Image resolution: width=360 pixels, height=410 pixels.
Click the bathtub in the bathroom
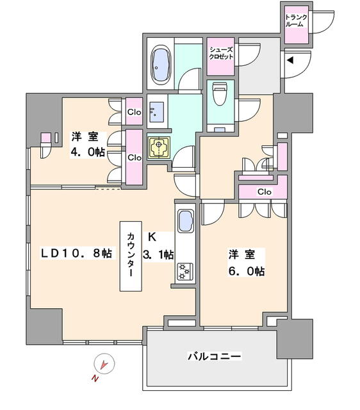pyautogui.click(x=161, y=65)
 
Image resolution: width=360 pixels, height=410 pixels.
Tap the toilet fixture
pyautogui.click(x=220, y=94)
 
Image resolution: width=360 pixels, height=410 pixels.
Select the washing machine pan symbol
pyautogui.click(x=159, y=148)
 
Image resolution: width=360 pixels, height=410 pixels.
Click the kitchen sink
pyautogui.click(x=186, y=220)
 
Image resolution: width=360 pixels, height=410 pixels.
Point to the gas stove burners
pyautogui.click(x=185, y=271)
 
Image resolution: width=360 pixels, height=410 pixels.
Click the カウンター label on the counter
pyautogui.click(x=131, y=255)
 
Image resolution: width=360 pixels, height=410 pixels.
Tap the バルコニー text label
pyautogui.click(x=215, y=356)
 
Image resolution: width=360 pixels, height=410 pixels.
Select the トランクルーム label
pyautogui.click(x=296, y=21)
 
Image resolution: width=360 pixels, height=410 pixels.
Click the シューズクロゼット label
pyautogui.click(x=220, y=53)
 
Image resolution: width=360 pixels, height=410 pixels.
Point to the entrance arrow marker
pyautogui.click(x=290, y=60)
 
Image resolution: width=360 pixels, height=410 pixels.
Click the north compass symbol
pyautogui.click(x=104, y=364)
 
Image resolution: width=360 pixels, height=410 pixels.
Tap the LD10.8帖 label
pyautogui.click(x=76, y=254)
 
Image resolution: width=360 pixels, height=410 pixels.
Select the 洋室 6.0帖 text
pyautogui.click(x=246, y=263)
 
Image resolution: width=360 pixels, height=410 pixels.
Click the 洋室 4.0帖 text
pyautogui.click(x=88, y=144)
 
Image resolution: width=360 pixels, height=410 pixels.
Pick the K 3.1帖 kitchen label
pyautogui.click(x=158, y=245)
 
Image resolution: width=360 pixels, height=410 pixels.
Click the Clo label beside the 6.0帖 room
pyautogui.click(x=265, y=192)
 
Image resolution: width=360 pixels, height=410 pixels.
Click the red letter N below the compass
pyautogui.click(x=95, y=379)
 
